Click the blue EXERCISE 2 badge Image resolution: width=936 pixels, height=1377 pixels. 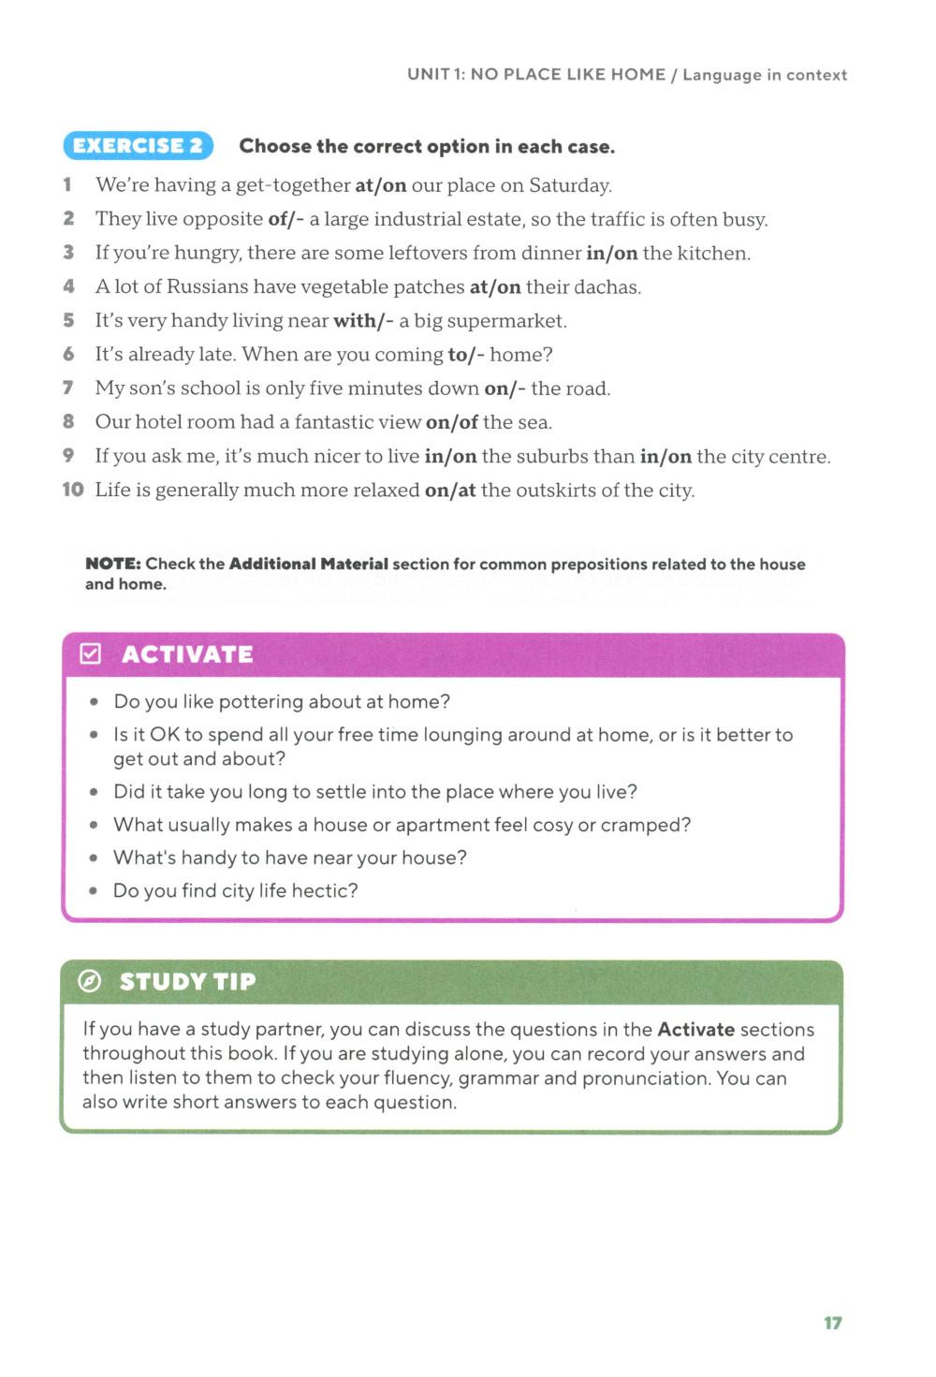tap(139, 146)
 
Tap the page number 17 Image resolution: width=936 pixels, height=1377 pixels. tap(832, 1323)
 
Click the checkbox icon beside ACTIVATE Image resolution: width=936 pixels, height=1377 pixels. tap(91, 653)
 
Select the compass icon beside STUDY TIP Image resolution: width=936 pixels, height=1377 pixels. tap(90, 981)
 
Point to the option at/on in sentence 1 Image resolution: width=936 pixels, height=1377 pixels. tap(381, 185)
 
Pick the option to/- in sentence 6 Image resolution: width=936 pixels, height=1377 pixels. tap(466, 355)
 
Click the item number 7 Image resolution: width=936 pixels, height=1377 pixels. tap(68, 388)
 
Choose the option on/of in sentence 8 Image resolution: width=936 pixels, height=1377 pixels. tap(452, 422)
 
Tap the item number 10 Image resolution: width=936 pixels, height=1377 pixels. tap(73, 490)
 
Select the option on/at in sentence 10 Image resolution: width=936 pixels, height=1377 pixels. tap(450, 491)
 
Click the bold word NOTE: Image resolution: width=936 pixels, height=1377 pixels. tap(113, 564)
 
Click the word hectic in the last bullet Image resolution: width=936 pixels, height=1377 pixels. tap(323, 890)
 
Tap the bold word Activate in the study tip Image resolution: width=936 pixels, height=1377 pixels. tap(695, 1029)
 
